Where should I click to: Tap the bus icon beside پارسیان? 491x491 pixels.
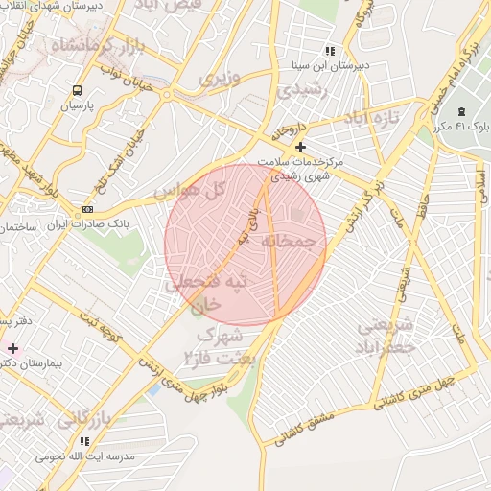(76, 90)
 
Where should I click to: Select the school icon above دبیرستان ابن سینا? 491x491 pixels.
(330, 51)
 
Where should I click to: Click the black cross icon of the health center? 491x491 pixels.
(301, 147)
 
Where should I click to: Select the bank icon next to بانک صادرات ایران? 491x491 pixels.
(88, 208)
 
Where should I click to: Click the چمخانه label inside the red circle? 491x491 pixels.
(289, 243)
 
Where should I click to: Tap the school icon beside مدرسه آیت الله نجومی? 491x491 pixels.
(84, 441)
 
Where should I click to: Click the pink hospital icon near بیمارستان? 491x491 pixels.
(12, 346)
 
